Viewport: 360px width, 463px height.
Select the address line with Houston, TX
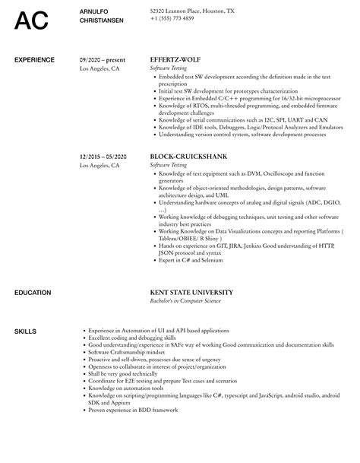coord(192,11)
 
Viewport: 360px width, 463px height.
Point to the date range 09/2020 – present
coord(103,59)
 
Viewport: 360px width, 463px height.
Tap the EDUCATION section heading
coord(33,271)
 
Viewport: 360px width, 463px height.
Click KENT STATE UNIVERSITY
coord(201,271)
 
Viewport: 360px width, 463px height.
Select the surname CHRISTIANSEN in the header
coord(102,21)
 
